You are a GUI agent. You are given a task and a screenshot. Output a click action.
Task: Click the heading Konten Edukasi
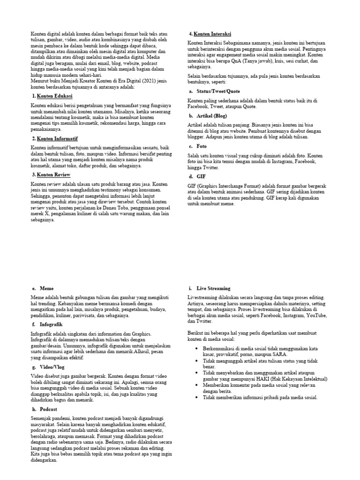click(54, 96)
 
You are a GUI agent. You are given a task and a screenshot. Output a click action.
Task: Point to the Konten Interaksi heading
click(212, 34)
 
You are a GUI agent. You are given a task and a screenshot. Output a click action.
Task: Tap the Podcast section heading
click(49, 409)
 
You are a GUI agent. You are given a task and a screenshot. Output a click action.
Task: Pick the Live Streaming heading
click(213, 288)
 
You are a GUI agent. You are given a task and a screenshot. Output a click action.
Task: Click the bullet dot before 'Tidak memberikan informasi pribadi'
click(195, 397)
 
